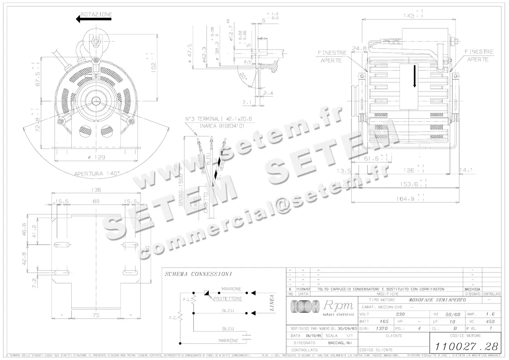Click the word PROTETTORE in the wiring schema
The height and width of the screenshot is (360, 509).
[x=228, y=299]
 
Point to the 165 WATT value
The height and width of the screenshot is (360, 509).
[x=384, y=321]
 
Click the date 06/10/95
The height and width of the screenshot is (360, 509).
[x=311, y=335]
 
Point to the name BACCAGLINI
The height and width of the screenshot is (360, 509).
[x=339, y=343]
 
